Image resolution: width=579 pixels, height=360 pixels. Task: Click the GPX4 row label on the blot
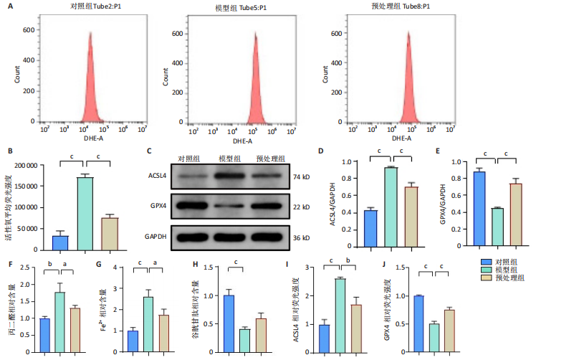click(158, 207)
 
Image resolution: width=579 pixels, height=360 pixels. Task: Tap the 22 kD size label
click(301, 207)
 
